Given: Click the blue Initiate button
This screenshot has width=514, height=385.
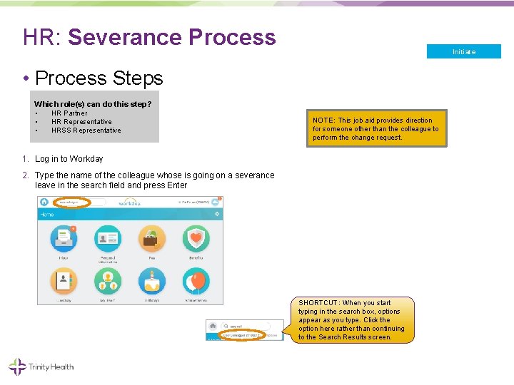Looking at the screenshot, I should [463, 51].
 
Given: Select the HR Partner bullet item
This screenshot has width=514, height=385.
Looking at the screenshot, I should [69, 113].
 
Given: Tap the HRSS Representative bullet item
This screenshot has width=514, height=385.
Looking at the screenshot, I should [86, 130].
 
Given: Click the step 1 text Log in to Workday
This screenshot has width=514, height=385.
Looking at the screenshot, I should [69, 159].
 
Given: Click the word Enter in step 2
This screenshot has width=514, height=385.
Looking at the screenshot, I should [176, 185].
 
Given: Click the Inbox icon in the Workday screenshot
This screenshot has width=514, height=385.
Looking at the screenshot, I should [64, 240].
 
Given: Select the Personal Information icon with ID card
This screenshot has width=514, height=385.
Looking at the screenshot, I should [108, 240].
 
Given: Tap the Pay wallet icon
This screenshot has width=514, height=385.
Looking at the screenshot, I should [151, 240].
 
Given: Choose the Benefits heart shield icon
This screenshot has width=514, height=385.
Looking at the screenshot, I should [195, 240].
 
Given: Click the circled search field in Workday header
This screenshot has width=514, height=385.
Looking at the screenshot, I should [71, 202].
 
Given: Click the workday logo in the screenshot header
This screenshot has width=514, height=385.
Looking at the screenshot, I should [130, 202].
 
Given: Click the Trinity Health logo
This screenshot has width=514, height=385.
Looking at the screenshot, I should [41, 367].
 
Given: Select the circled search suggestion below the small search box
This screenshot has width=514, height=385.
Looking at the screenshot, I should [243, 334].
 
